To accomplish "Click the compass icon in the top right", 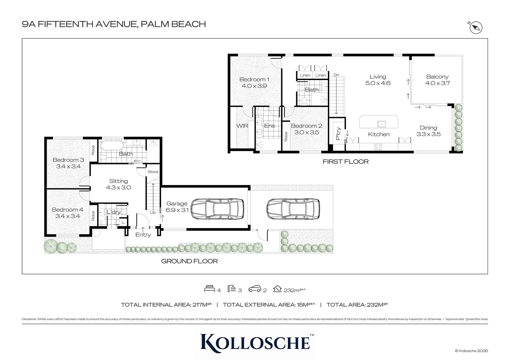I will pos(476,28).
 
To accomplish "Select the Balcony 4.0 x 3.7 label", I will pos(437,80).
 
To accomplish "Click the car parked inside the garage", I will pos(217,209).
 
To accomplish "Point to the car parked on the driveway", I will pos(293,209).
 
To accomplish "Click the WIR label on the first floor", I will pos(242,126).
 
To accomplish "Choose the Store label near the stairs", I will pos(153,172).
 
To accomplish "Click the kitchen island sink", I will pos(381,124).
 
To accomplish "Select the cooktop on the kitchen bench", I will pos(378,146).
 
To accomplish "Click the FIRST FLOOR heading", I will pos(345,162).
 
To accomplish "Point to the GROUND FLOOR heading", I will pos(189,261).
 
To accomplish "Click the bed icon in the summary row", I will pos(209,289).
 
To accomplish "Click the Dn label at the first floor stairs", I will pos(336,75).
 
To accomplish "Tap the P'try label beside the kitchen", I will pos(338,134).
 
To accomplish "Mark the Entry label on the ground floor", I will pos(143,235).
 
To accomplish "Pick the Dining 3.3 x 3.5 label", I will pos(428,131).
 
